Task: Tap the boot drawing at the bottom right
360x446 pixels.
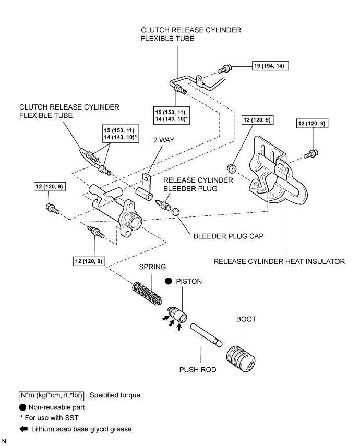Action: point(241,359)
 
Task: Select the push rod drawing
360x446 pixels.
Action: point(206,335)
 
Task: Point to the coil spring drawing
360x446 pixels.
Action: point(147,293)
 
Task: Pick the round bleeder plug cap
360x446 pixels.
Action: point(176,212)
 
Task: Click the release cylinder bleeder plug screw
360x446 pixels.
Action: point(162,204)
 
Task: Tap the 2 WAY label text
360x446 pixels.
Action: point(164,140)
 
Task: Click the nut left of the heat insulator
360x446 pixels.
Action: point(232,168)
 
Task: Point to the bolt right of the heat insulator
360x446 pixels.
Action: point(310,154)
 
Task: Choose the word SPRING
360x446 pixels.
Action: point(152,267)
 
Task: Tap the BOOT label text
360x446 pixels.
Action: point(246,319)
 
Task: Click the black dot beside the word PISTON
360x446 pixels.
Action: point(169,281)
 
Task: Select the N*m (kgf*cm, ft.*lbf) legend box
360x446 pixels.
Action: point(52,395)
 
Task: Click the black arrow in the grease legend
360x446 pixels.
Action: point(23,429)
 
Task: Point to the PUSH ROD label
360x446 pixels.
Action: point(198,370)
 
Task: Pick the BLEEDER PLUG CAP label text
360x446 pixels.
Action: point(229,236)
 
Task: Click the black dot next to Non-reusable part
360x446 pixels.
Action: point(23,407)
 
